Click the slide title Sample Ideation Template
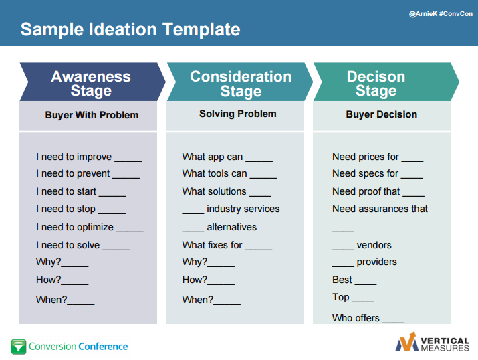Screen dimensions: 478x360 [130, 29]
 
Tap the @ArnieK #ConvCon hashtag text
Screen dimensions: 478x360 [441, 14]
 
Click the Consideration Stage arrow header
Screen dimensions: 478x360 [240, 82]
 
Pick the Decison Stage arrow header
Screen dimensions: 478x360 [386, 82]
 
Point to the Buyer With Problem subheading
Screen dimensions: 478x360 [92, 115]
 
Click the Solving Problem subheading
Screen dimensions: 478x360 [238, 114]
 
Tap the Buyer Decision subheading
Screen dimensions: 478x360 [381, 114]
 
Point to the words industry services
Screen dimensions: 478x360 [243, 209]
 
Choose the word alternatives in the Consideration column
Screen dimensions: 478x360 [232, 227]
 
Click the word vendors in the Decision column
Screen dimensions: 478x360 [374, 245]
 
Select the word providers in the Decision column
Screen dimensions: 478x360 [377, 262]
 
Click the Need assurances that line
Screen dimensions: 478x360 [380, 209]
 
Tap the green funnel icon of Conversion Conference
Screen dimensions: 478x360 [19, 347]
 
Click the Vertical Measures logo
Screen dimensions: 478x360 [433, 342]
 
